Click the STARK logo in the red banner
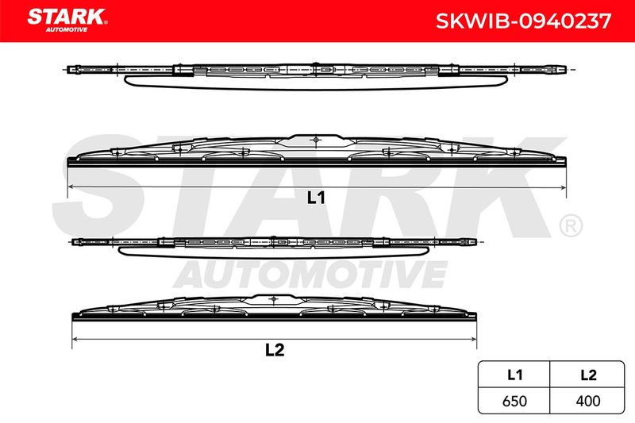click(x=67, y=20)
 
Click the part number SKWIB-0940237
click(x=523, y=21)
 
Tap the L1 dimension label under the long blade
click(x=316, y=198)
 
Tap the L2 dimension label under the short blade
click(x=275, y=350)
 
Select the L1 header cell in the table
click(x=514, y=375)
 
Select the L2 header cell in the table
click(x=588, y=375)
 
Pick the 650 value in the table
click(x=514, y=401)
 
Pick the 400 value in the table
click(x=588, y=401)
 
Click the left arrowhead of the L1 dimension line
click(x=71, y=187)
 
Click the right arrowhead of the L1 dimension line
click(x=563, y=187)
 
